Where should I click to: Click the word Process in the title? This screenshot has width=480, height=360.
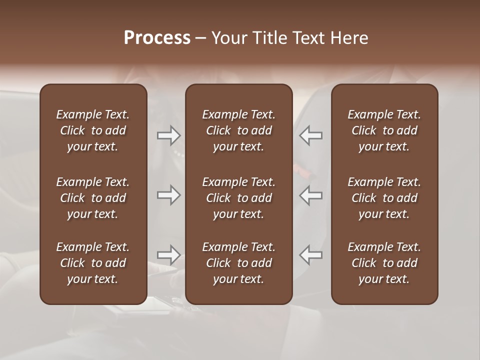[x=157, y=38]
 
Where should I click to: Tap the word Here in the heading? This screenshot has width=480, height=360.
[x=348, y=38]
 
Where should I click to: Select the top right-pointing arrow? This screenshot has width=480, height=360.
[x=169, y=135]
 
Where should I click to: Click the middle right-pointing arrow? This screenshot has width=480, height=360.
[x=169, y=195]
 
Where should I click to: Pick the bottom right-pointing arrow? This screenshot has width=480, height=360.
[x=169, y=255]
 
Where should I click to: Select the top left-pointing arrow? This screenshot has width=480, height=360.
[x=311, y=135]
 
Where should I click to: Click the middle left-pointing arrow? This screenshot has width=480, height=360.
[x=311, y=195]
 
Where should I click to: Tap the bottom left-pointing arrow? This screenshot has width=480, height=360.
[x=311, y=255]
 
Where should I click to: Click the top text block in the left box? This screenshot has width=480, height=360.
[x=93, y=130]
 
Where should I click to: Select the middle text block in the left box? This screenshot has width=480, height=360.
[x=93, y=198]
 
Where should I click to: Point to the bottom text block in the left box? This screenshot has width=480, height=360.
[x=93, y=263]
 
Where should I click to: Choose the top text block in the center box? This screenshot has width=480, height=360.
[x=238, y=130]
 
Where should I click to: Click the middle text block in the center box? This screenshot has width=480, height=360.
[x=238, y=198]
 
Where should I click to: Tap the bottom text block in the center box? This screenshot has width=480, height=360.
[x=238, y=263]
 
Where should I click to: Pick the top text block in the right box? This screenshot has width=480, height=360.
[x=384, y=130]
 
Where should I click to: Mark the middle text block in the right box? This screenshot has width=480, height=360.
[x=384, y=198]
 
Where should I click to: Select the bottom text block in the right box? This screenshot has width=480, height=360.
[x=384, y=263]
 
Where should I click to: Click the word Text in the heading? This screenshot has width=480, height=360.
[x=307, y=38]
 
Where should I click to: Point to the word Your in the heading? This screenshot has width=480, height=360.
[x=228, y=38]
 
